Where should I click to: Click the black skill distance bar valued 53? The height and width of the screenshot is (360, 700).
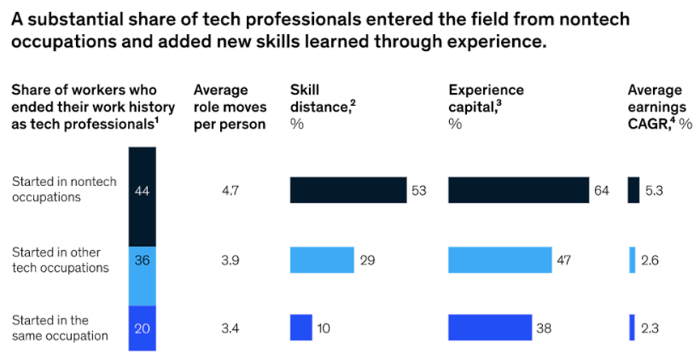point(348,190)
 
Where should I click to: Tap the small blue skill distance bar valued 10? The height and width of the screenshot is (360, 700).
point(301,327)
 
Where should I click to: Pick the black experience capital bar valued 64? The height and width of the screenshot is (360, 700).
point(518,190)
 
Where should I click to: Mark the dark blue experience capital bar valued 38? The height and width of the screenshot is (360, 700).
point(490,327)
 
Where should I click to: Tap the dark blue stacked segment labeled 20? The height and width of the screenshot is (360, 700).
point(142,328)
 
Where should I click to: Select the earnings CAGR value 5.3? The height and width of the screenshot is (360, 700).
point(655,191)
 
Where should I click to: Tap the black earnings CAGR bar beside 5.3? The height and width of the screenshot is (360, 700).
point(634,190)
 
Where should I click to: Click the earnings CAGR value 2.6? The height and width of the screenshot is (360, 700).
point(655,260)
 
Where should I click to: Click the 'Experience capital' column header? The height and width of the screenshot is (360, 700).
point(486,91)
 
